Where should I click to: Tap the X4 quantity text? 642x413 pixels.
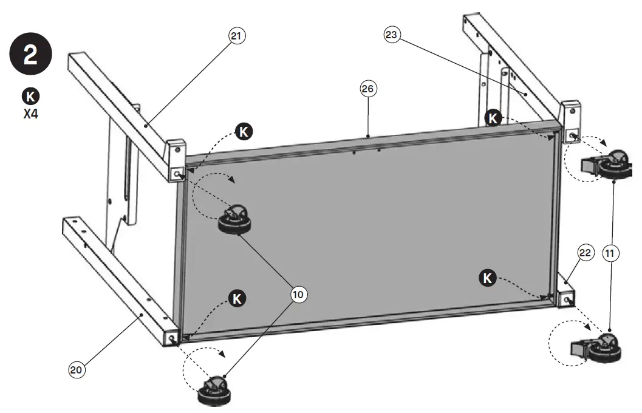tap(31, 113)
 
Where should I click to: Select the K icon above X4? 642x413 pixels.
tap(31, 96)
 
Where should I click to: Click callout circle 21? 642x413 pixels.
tap(237, 36)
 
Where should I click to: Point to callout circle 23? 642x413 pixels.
tap(392, 35)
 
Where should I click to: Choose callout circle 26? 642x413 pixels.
tap(367, 89)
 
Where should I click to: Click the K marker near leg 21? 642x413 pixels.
tap(244, 132)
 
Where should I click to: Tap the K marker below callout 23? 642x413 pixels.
tap(493, 117)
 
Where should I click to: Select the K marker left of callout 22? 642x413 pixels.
tap(487, 278)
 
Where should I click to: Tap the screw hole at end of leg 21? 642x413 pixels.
tap(177, 174)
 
